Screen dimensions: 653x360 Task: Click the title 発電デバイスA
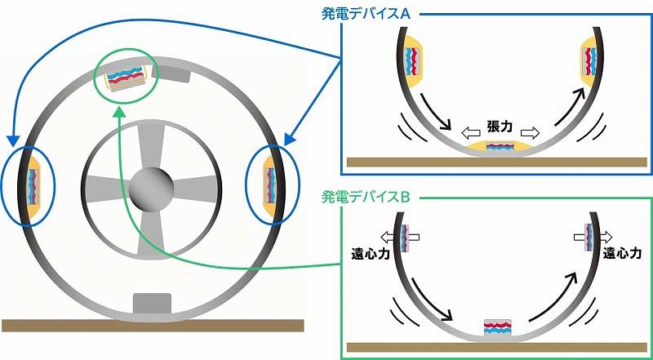(x=366, y=14)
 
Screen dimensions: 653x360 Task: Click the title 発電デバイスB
(x=366, y=197)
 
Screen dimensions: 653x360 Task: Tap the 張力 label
(x=500, y=127)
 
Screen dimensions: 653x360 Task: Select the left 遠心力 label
(x=371, y=254)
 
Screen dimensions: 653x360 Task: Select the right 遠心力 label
(x=622, y=254)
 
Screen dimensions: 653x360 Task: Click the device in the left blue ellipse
(x=33, y=186)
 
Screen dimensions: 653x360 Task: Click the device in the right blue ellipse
(x=270, y=186)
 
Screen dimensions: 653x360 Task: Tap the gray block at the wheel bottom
(x=152, y=304)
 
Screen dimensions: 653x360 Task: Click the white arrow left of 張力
(x=471, y=134)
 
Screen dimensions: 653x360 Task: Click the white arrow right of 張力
(x=530, y=133)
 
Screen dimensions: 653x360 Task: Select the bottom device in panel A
(x=500, y=148)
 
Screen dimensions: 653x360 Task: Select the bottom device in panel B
(x=498, y=328)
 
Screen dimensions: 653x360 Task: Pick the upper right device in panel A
(x=589, y=61)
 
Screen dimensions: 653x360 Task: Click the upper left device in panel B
(x=404, y=238)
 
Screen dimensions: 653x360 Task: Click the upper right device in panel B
(x=589, y=238)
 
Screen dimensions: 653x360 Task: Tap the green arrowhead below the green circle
(x=120, y=112)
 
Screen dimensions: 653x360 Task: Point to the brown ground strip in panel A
(x=497, y=162)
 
